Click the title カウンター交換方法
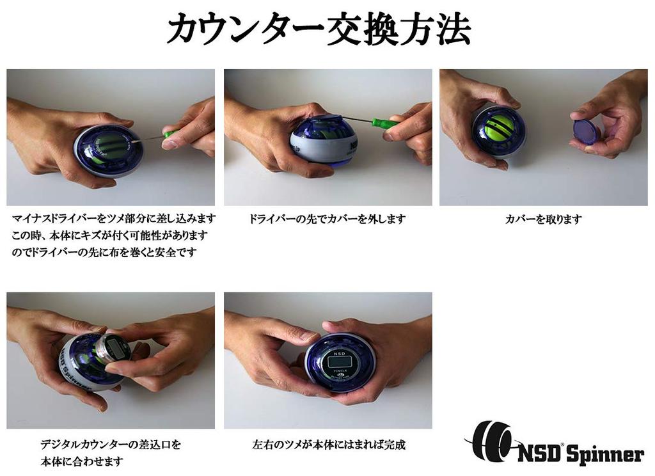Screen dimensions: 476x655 (x=318, y=30)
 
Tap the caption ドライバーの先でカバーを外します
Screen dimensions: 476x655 (x=327, y=219)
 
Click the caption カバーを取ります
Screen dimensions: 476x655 (x=543, y=219)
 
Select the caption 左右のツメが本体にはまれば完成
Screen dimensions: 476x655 (x=329, y=445)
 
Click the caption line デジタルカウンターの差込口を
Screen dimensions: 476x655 (x=111, y=445)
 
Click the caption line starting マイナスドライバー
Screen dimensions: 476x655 (x=114, y=219)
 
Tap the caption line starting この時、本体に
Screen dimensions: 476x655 (x=110, y=235)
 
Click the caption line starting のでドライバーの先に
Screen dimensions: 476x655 (x=104, y=252)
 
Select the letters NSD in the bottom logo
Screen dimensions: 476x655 (x=539, y=454)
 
